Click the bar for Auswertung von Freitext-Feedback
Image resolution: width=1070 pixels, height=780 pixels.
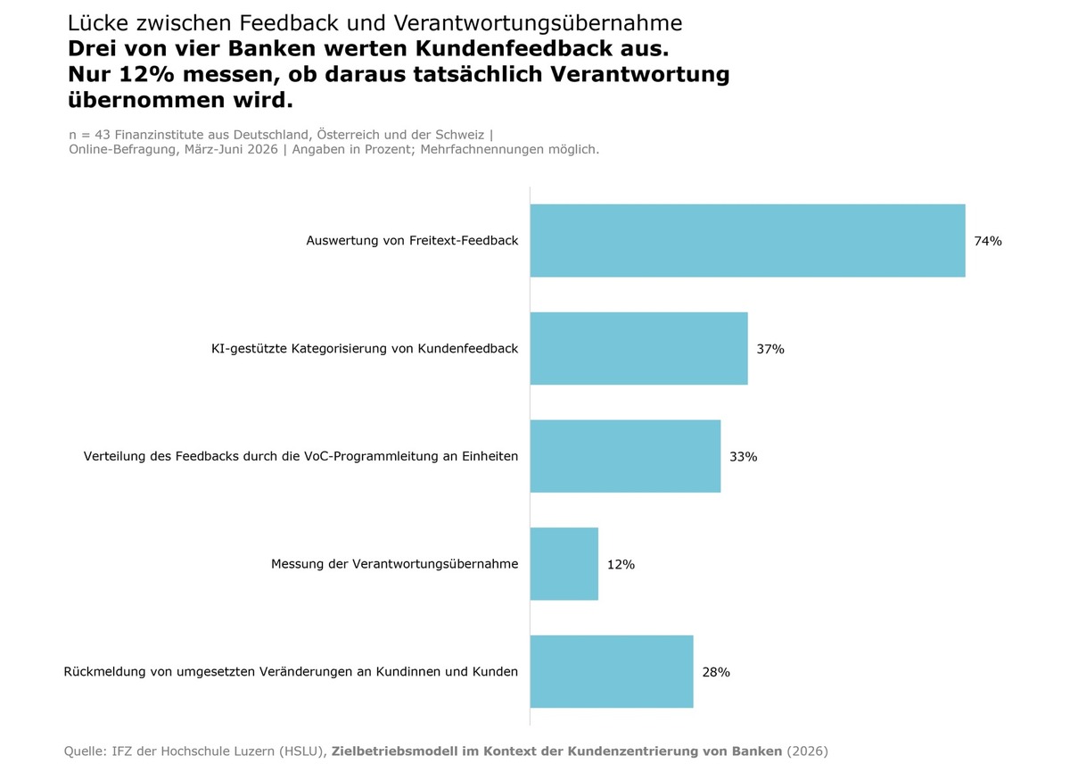pyautogui.click(x=747, y=241)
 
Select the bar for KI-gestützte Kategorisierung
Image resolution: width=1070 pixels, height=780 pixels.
pyautogui.click(x=639, y=349)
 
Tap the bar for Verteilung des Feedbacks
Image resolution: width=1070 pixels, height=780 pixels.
pyautogui.click(x=625, y=456)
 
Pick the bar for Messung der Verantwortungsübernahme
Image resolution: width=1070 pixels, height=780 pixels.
pyautogui.click(x=564, y=564)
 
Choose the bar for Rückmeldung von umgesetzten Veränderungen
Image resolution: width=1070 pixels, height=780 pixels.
pyautogui.click(x=612, y=671)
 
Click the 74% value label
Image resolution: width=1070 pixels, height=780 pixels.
pyautogui.click(x=988, y=241)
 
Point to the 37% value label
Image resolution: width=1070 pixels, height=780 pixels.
pyautogui.click(x=770, y=349)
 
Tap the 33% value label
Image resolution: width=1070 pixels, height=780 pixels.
pyautogui.click(x=744, y=457)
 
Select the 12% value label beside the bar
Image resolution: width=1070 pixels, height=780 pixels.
pyautogui.click(x=621, y=565)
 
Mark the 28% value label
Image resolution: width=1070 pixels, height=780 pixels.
pyautogui.click(x=716, y=672)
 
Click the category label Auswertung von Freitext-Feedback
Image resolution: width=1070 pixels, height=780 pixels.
pyautogui.click(x=412, y=241)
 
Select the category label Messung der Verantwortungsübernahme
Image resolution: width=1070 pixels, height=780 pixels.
pyautogui.click(x=394, y=564)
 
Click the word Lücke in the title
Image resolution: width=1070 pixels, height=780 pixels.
pyautogui.click(x=98, y=23)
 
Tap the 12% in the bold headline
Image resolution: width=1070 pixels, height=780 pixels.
pyautogui.click(x=146, y=74)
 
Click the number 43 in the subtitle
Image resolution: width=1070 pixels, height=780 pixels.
pyautogui.click(x=103, y=135)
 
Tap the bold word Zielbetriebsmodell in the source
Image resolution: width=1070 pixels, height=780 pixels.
pyautogui.click(x=393, y=751)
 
